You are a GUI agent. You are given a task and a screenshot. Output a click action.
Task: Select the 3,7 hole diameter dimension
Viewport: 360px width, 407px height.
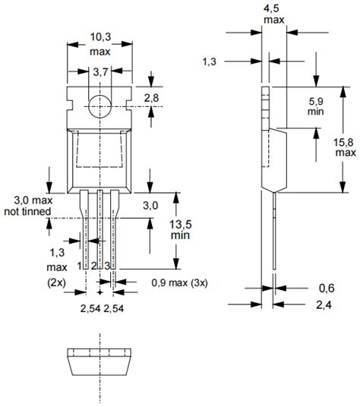pyautogui.click(x=100, y=73)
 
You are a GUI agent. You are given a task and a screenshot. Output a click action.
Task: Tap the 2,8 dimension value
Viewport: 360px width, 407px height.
pyautogui.click(x=152, y=99)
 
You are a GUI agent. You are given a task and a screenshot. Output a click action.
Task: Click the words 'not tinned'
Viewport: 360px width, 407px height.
pyautogui.click(x=27, y=212)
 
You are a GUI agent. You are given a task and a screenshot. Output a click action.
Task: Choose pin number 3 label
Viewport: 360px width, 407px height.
pyautogui.click(x=109, y=265)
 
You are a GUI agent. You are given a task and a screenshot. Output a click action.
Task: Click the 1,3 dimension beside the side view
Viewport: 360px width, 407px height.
pyautogui.click(x=213, y=60)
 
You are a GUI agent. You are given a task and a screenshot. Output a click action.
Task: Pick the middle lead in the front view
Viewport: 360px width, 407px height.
pyautogui.click(x=100, y=228)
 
